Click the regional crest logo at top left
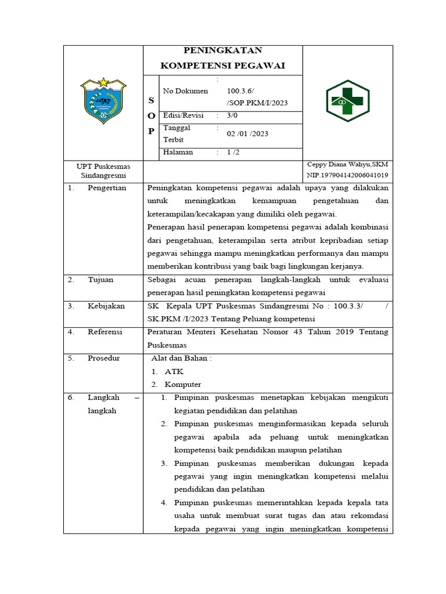coord(103,101)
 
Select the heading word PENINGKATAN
coord(223,51)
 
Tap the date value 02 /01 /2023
coord(248,133)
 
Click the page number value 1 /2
coord(233,153)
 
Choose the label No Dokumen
coord(185,91)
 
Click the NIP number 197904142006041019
coord(348,175)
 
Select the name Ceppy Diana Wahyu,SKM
coord(347,165)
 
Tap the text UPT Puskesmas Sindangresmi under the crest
coord(103,171)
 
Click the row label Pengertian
coord(107,188)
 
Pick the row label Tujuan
coord(100,280)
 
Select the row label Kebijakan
coord(106,306)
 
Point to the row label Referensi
coord(105,332)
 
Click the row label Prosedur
coord(104,358)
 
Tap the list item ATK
coord(173,371)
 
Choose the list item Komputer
coord(183,385)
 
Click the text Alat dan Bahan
coord(181,358)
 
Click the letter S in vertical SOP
coord(151,101)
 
